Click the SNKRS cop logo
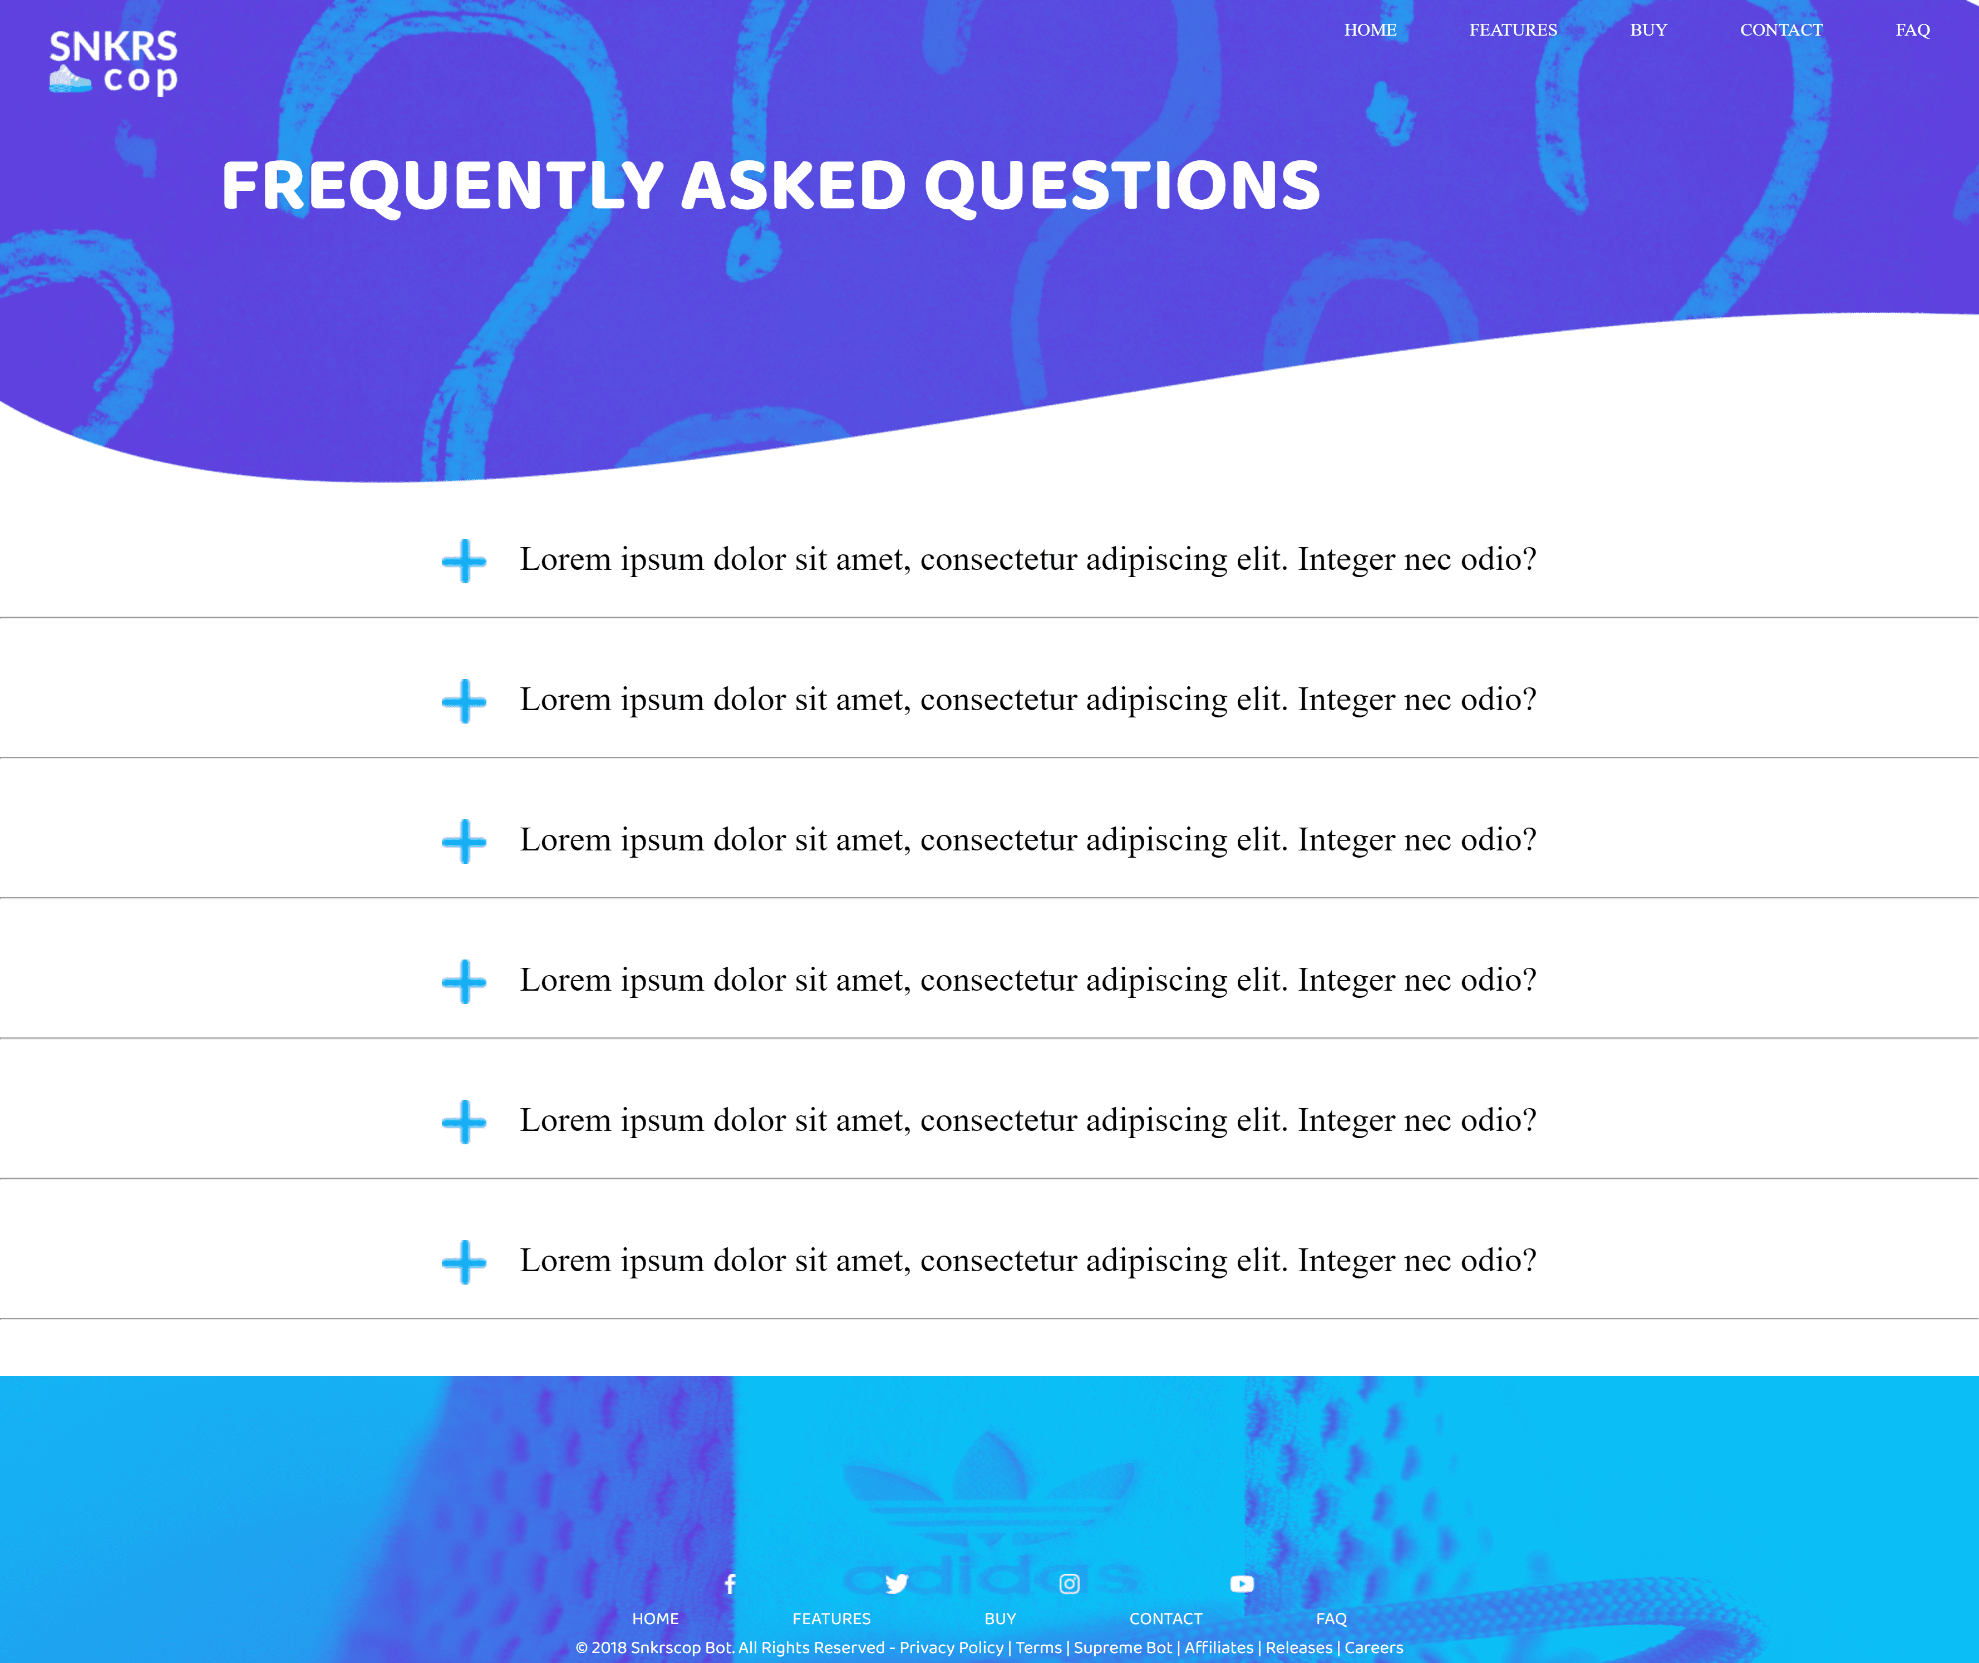(113, 62)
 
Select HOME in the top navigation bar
(1370, 30)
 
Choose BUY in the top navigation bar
(1648, 30)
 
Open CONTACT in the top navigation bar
(1781, 30)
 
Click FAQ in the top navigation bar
(1912, 30)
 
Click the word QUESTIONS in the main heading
(1122, 186)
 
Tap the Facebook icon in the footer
(730, 1584)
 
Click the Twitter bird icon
(897, 1584)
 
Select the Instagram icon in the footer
(1069, 1584)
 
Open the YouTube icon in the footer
(1242, 1584)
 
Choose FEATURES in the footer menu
(831, 1618)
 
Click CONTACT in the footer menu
(1165, 1618)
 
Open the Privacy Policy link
(951, 1648)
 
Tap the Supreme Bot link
(1123, 1648)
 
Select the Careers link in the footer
(1374, 1648)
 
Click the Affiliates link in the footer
(1219, 1648)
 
